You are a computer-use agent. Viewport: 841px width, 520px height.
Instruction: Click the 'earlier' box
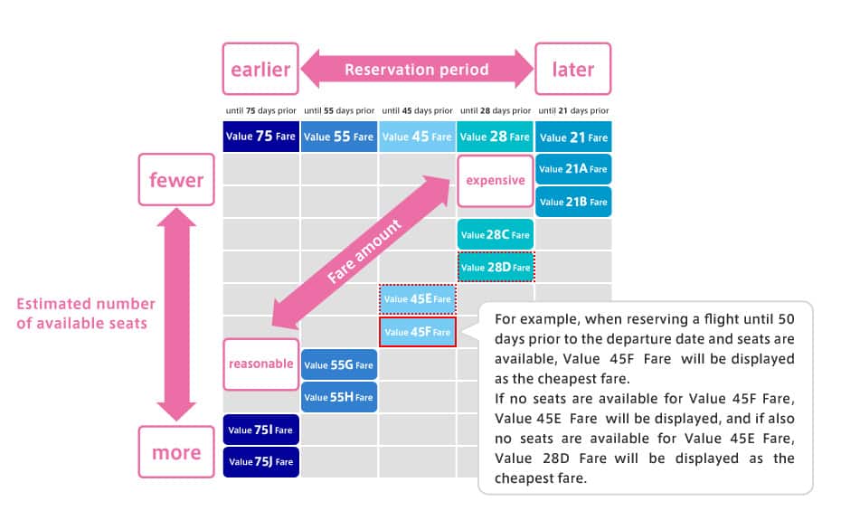point(260,69)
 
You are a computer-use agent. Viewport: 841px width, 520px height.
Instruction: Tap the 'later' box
point(572,69)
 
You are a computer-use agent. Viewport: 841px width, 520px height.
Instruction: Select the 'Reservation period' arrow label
point(417,70)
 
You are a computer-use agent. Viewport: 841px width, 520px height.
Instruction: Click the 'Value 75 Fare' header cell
point(260,137)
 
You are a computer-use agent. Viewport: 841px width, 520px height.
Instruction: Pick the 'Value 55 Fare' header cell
point(339,137)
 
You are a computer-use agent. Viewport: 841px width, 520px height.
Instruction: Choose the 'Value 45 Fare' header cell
point(417,137)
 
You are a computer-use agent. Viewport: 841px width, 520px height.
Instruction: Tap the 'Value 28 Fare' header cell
point(495,137)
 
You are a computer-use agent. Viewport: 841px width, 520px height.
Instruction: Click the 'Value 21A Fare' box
point(573,169)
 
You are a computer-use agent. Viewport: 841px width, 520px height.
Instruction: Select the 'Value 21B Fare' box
point(573,202)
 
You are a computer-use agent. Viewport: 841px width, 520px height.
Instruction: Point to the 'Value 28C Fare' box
point(495,234)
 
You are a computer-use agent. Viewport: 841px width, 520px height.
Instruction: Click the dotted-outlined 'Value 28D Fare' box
point(496,267)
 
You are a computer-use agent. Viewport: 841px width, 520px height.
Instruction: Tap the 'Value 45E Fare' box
point(417,299)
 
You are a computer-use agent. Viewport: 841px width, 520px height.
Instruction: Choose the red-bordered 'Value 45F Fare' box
point(417,332)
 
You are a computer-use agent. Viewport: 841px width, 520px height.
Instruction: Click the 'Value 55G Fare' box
point(339,365)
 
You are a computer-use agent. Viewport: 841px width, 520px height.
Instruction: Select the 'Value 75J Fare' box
point(260,461)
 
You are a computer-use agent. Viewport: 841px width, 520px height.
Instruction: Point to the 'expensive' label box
point(495,181)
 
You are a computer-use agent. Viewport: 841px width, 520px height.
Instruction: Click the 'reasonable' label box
point(260,364)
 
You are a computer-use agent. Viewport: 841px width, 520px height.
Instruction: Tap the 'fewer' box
point(176,180)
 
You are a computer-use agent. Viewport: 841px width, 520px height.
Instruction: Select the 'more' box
point(176,452)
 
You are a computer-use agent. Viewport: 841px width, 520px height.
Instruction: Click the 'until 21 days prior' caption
point(573,110)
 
